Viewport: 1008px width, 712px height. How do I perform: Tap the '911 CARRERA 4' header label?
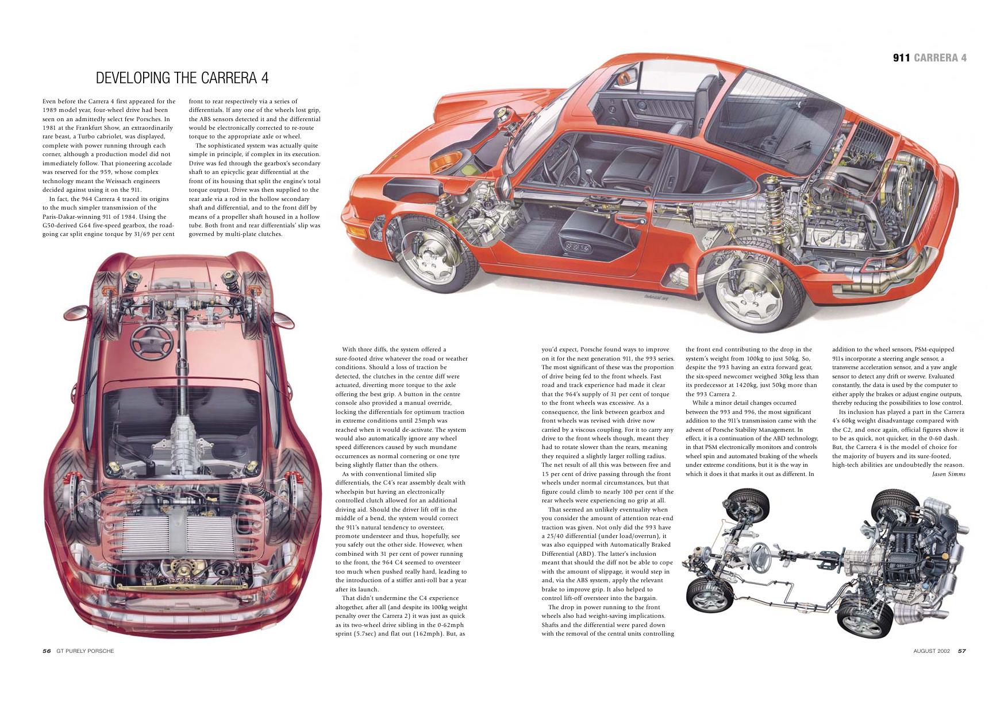pos(929,57)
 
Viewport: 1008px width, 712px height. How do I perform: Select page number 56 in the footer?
pos(47,651)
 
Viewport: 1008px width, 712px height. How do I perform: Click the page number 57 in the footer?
pos(961,651)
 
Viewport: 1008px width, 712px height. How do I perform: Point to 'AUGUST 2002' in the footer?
pos(932,651)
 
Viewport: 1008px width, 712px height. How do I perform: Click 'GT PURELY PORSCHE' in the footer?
pos(85,651)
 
